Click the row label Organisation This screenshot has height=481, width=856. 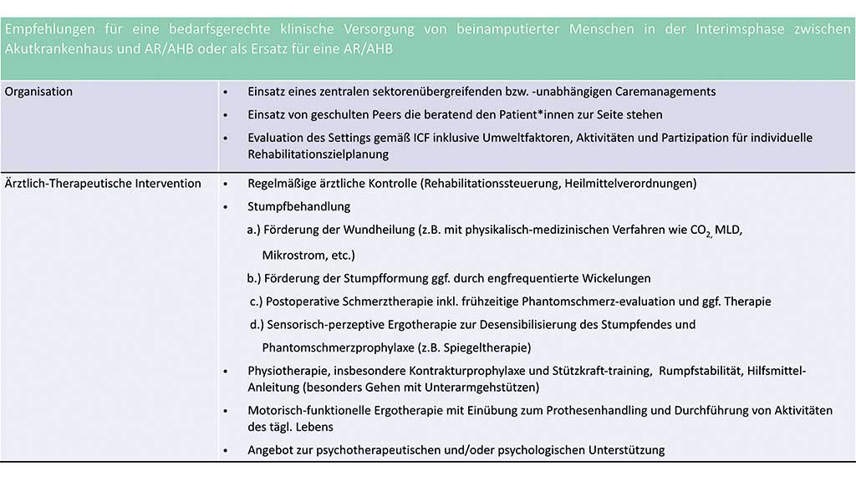point(38,92)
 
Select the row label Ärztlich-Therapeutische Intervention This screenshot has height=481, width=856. point(103,183)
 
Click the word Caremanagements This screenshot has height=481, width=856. point(654,92)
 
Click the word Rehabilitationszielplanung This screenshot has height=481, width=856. point(318,154)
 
